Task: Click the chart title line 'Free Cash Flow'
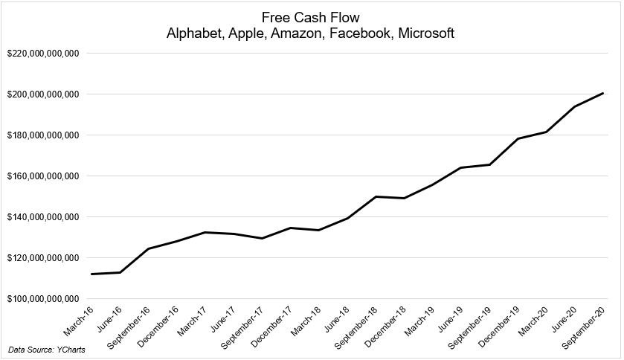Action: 312,16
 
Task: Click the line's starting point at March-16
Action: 91,274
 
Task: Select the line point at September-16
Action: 148,248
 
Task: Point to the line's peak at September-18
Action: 375,196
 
